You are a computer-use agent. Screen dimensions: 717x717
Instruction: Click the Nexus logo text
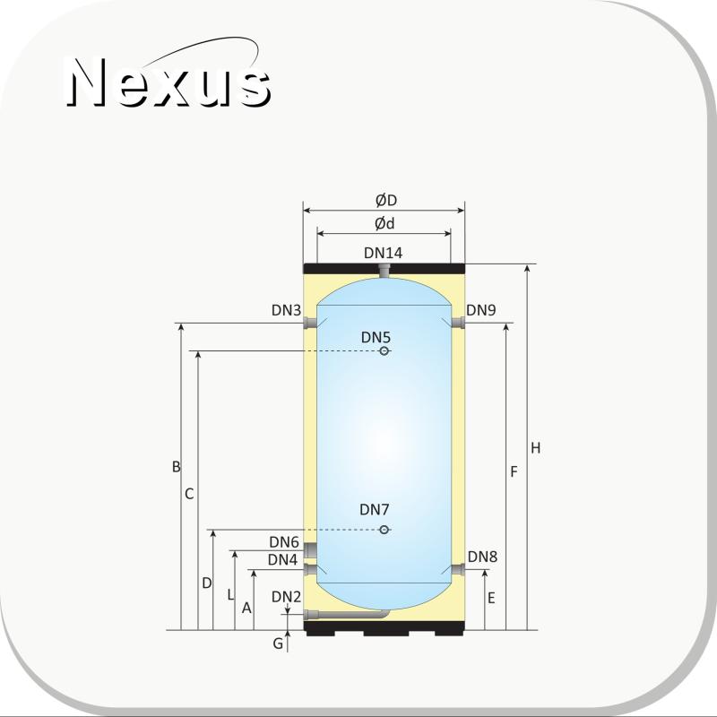pos(168,82)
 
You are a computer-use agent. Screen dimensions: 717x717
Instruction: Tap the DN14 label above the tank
pos(384,253)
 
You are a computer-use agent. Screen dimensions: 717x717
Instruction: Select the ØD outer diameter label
pos(386,200)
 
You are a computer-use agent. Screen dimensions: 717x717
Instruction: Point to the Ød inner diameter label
pos(384,223)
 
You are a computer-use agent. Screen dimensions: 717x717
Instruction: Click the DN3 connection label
pos(286,310)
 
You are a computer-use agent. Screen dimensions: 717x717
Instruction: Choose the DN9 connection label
pos(481,310)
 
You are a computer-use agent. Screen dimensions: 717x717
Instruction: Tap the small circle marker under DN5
pos(384,351)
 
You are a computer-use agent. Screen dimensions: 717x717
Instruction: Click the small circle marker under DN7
pos(384,530)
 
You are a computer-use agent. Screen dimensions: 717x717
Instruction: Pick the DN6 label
pos(284,542)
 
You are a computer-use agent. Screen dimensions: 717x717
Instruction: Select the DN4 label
pos(282,559)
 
